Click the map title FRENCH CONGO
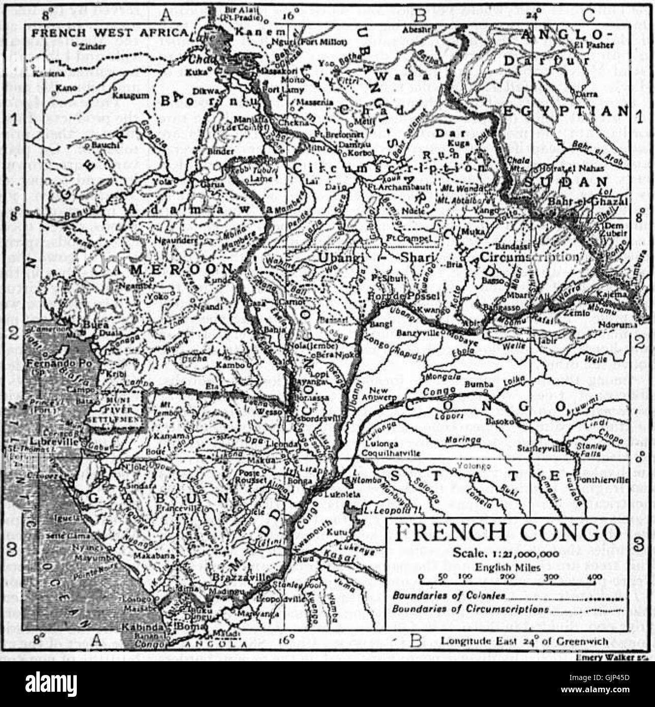coord(508,533)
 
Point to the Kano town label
coord(67,88)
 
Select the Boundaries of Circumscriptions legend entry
coord(470,609)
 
